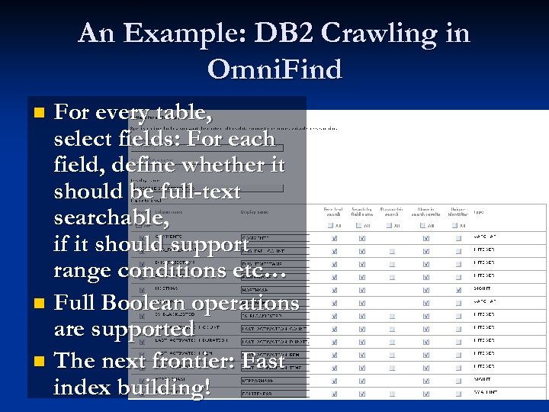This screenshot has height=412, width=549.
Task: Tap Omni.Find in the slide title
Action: coord(274,69)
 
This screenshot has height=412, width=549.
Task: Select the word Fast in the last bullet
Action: coord(264,360)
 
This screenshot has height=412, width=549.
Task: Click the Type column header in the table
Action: coord(479,211)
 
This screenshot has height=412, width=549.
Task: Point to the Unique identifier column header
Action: coord(458,211)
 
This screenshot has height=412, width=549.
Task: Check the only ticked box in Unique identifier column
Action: coord(458,289)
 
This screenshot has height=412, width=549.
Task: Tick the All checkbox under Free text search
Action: coord(329,226)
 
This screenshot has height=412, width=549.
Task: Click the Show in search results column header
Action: coord(425,211)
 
